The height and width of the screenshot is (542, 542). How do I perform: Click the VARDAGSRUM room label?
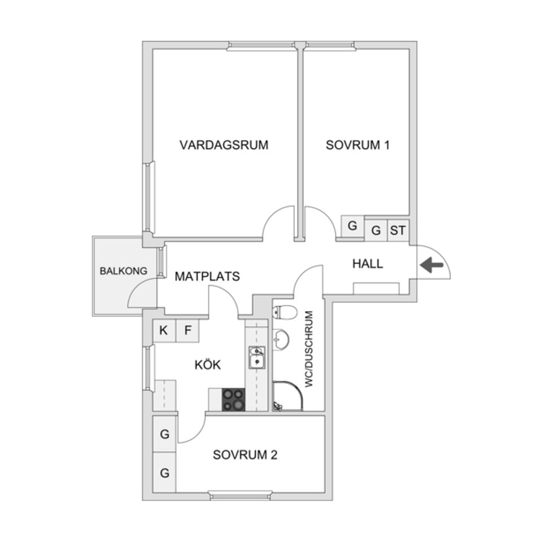coord(224,145)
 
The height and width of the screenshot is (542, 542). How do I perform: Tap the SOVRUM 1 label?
coord(358,145)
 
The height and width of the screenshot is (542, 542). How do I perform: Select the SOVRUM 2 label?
coord(245,455)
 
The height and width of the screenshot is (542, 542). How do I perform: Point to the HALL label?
coord(368,263)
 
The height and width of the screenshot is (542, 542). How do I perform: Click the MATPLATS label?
coord(207,277)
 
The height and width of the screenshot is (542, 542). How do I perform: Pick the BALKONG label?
coord(123,271)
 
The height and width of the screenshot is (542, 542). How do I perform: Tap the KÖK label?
coord(207,365)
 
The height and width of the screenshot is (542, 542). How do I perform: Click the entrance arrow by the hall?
coord(431,264)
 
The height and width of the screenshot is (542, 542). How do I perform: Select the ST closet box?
coord(398,230)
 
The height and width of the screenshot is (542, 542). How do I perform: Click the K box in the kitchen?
coord(164,331)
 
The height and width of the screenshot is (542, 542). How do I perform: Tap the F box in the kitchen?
coord(187,331)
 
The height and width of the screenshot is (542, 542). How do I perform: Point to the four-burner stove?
coord(234,399)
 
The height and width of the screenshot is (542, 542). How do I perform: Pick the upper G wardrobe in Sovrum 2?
coord(165,435)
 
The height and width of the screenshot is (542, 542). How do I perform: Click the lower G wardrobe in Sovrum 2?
coord(165,473)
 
